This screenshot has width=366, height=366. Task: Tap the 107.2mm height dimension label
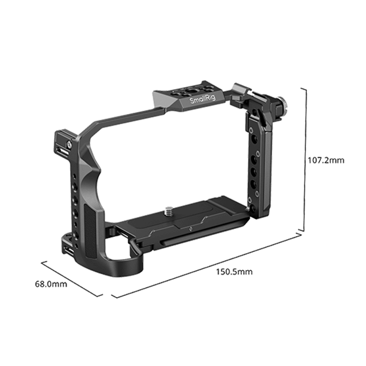(x=325, y=161)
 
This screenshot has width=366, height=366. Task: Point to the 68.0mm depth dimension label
(x=50, y=284)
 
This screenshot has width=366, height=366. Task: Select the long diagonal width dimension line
(x=207, y=264)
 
